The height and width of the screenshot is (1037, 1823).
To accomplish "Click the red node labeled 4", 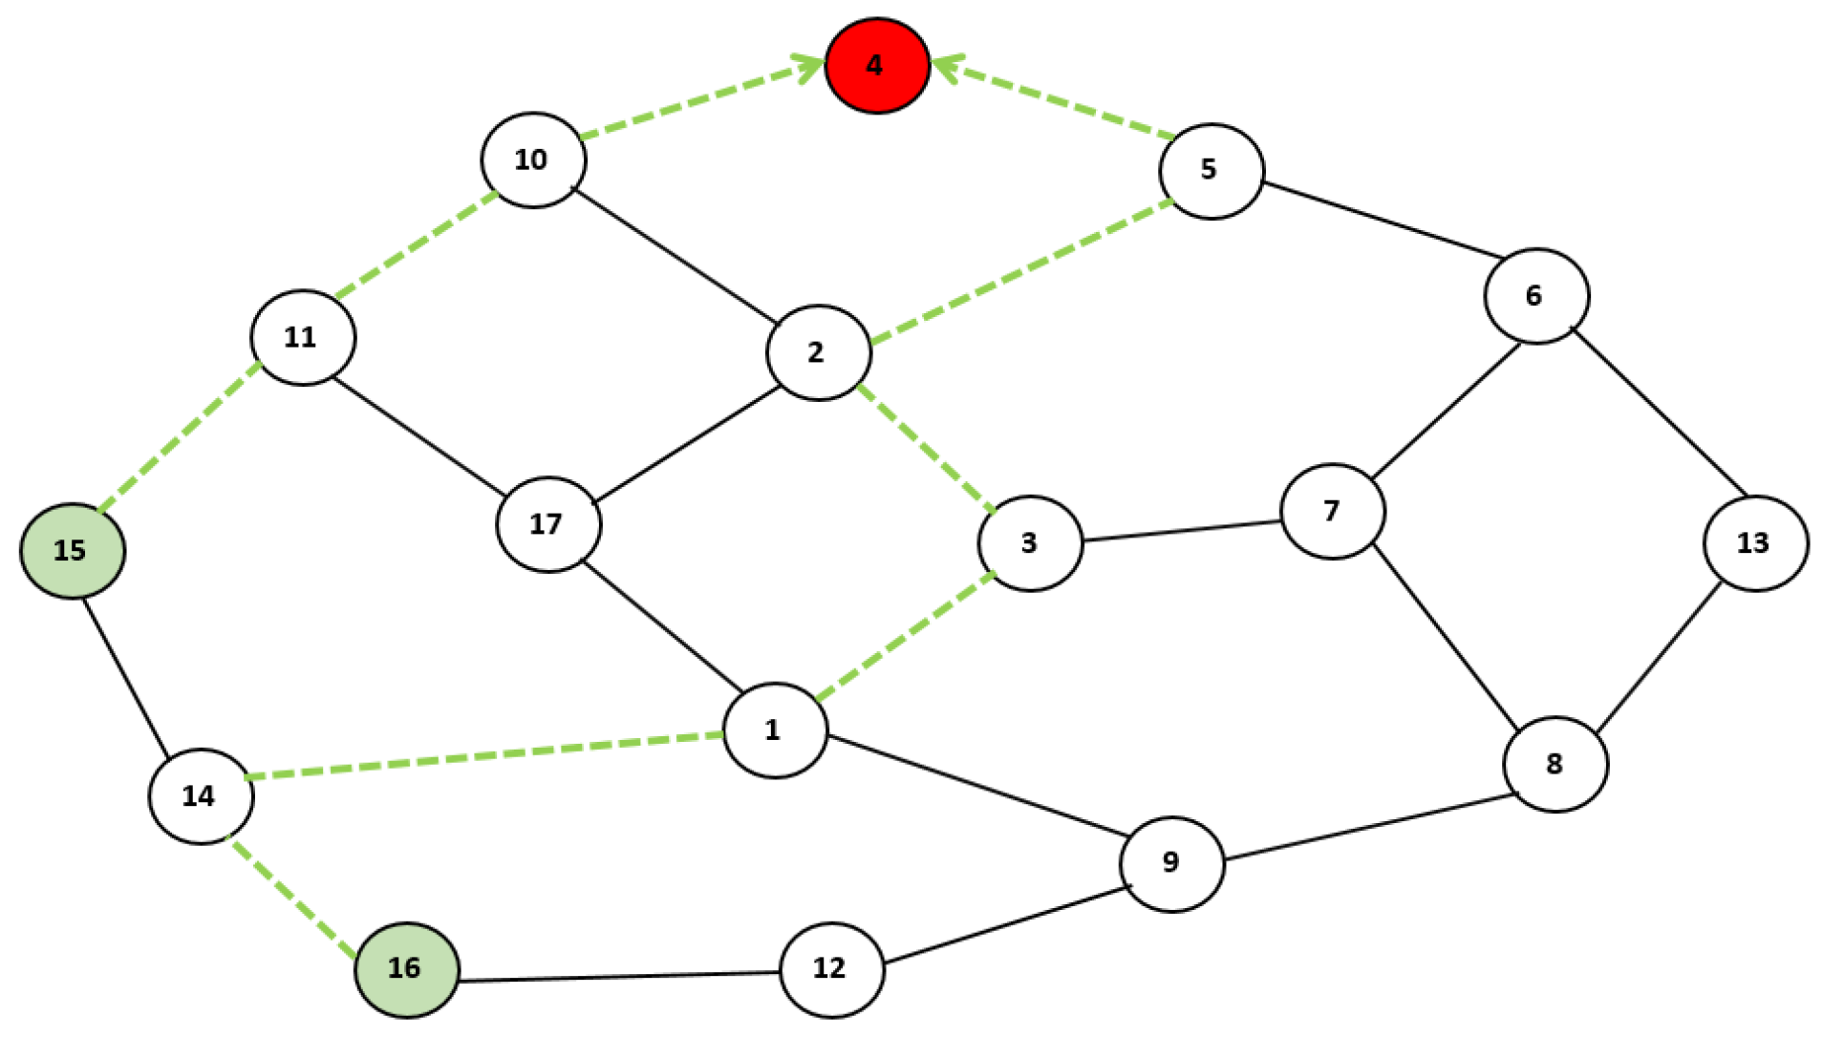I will pos(877,65).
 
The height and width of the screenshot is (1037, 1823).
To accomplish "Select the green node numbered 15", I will pos(73,551).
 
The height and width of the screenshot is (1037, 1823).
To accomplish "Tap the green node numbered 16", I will pos(407,969).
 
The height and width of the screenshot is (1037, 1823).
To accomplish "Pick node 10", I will pos(533,160).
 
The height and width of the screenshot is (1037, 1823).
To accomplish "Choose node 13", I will pos(1755,543).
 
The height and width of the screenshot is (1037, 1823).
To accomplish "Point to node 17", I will pos(548,524).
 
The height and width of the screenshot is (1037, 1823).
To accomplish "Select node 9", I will pos(1171,863).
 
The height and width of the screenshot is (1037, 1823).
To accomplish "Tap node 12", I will pos(831,969).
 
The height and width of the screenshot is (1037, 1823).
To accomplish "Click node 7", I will pos(1332,512).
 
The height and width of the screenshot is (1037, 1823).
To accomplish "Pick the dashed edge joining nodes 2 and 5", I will pos(1020,271).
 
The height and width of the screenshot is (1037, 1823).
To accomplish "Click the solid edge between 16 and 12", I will pos(619,977).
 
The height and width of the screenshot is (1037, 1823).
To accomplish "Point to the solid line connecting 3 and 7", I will pos(1181,531).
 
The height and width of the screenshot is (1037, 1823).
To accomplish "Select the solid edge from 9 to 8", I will pos(1368,827).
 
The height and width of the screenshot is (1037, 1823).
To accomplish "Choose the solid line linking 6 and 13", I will pos(1659,413).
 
